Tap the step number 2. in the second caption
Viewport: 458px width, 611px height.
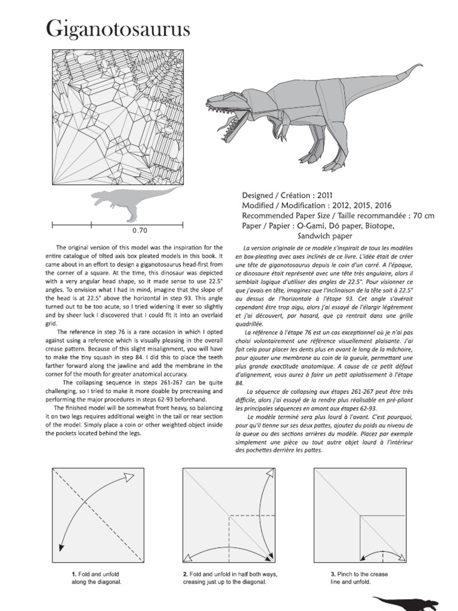[186, 574]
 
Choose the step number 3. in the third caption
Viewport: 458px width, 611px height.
[333, 574]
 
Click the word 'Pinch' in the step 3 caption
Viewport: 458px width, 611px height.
[347, 574]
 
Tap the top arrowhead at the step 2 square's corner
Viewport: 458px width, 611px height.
[269, 474]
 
